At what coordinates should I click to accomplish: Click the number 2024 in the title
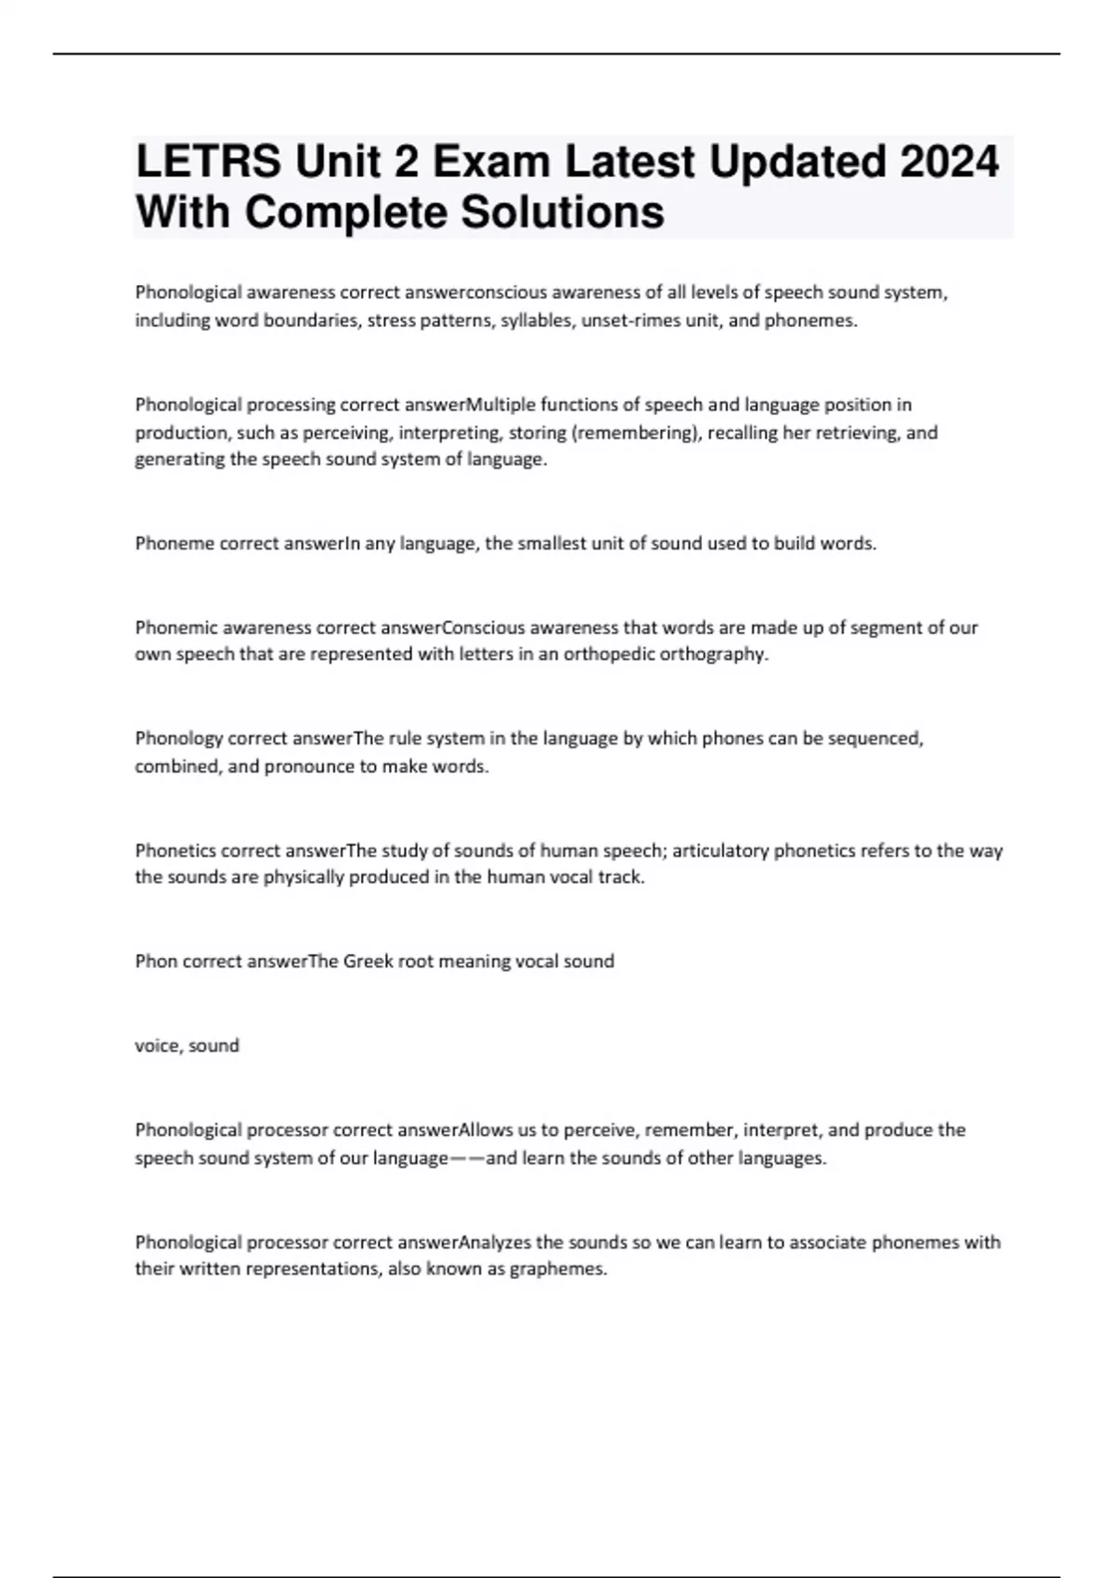[x=947, y=162]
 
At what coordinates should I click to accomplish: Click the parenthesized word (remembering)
[x=635, y=433]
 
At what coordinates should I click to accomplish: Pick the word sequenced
[x=875, y=739]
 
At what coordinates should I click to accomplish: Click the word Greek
[x=369, y=962]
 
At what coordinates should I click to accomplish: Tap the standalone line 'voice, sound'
[x=187, y=1046]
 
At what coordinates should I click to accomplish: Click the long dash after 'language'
[x=467, y=1158]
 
